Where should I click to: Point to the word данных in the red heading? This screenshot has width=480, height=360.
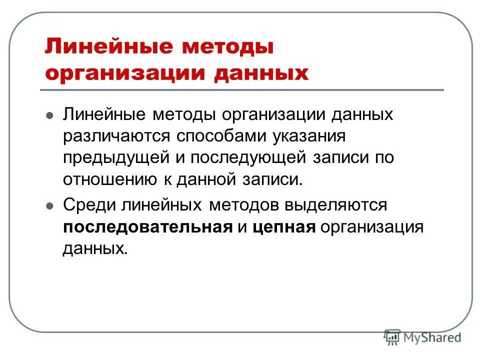tap(261, 74)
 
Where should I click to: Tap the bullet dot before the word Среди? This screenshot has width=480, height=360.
tap(49, 205)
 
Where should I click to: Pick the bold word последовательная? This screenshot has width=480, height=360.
tap(148, 226)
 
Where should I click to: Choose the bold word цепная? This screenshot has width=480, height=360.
tap(283, 227)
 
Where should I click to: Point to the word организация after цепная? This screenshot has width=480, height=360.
tap(372, 227)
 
